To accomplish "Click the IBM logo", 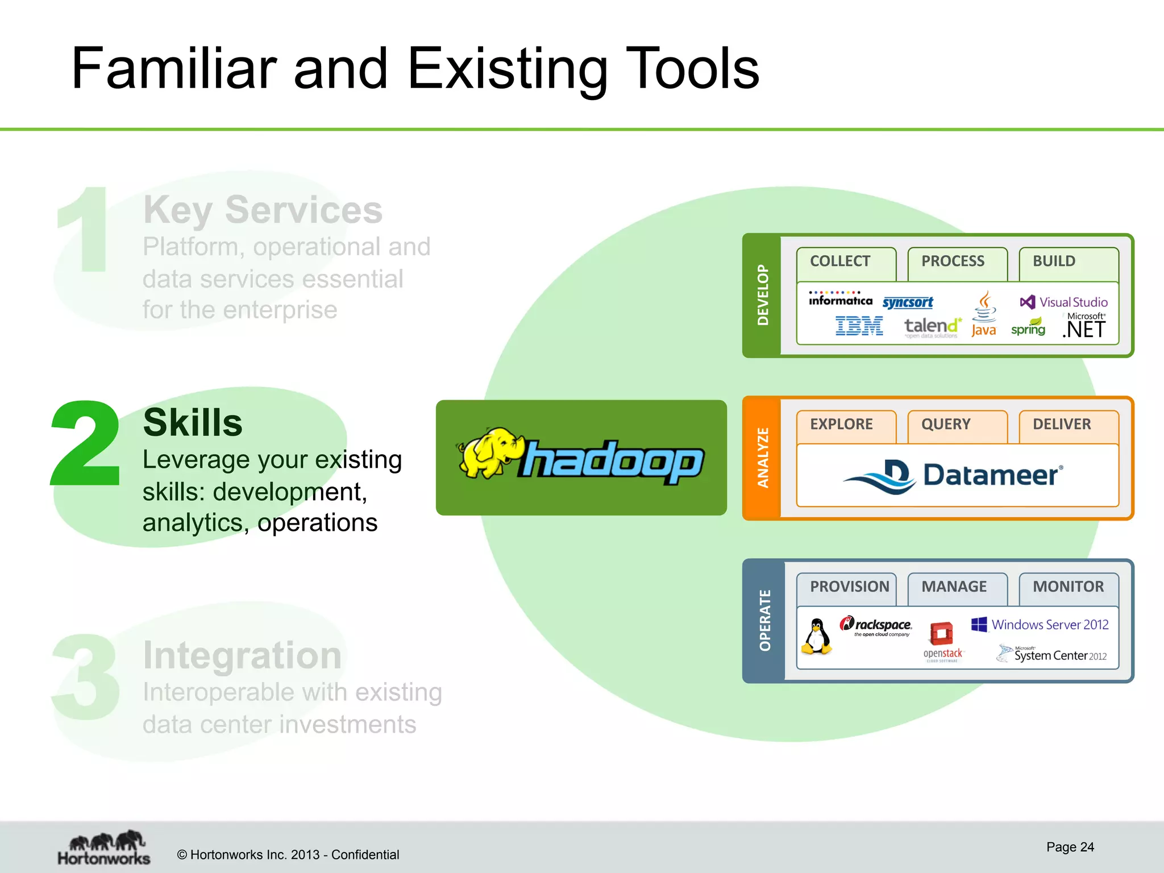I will coord(859,326).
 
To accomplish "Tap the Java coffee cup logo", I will coord(984,314).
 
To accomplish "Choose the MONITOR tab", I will coord(1068,587).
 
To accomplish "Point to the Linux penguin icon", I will coord(817,637).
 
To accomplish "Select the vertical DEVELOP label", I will coord(763,295).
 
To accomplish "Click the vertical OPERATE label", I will coord(765,621).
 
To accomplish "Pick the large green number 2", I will coord(86,444).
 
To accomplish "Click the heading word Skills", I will coord(193,423).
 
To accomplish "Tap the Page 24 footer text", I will coord(1070,847).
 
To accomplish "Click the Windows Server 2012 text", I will coord(1049,625).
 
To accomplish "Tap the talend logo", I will coord(932,326).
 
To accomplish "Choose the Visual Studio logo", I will coord(1064,302).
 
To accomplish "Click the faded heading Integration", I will coord(242,656).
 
